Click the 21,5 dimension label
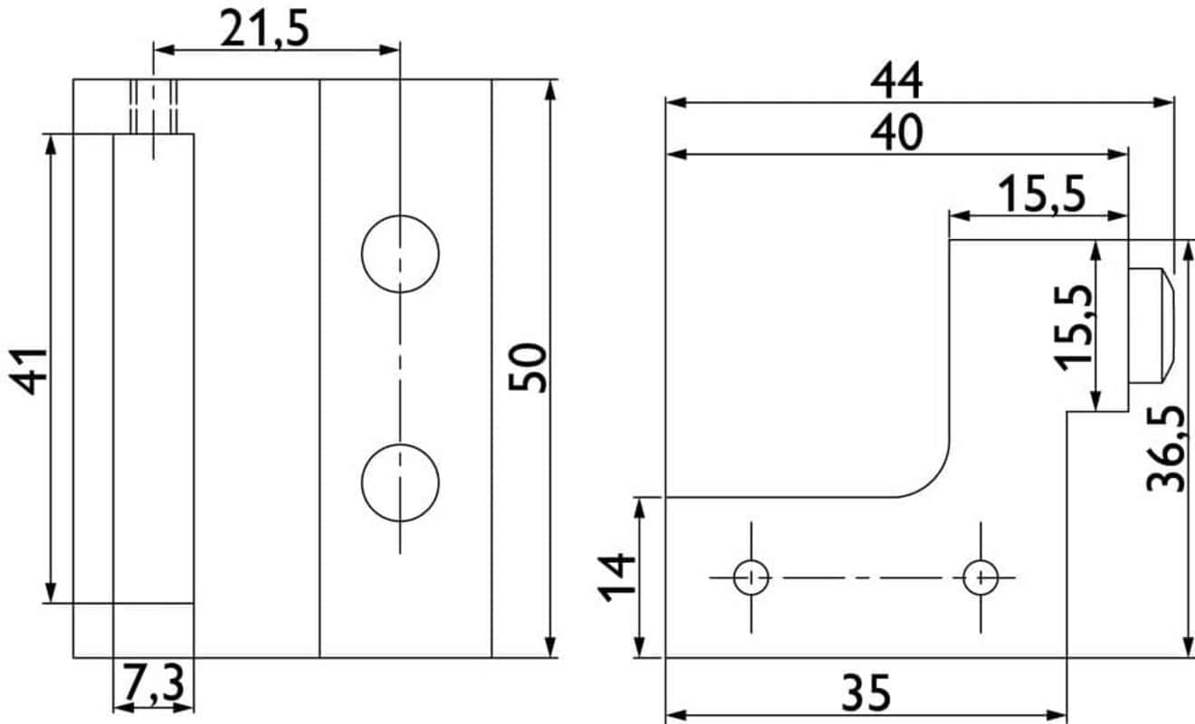pos(264,29)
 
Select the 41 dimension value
pos(29,372)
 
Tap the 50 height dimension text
pos(528,367)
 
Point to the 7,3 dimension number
pos(154,681)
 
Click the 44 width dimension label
pos(896,81)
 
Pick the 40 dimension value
pos(896,132)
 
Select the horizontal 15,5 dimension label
pos(1042,195)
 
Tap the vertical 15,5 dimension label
pos(1073,329)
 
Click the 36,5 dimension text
pos(1166,449)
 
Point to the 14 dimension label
pos(617,578)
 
